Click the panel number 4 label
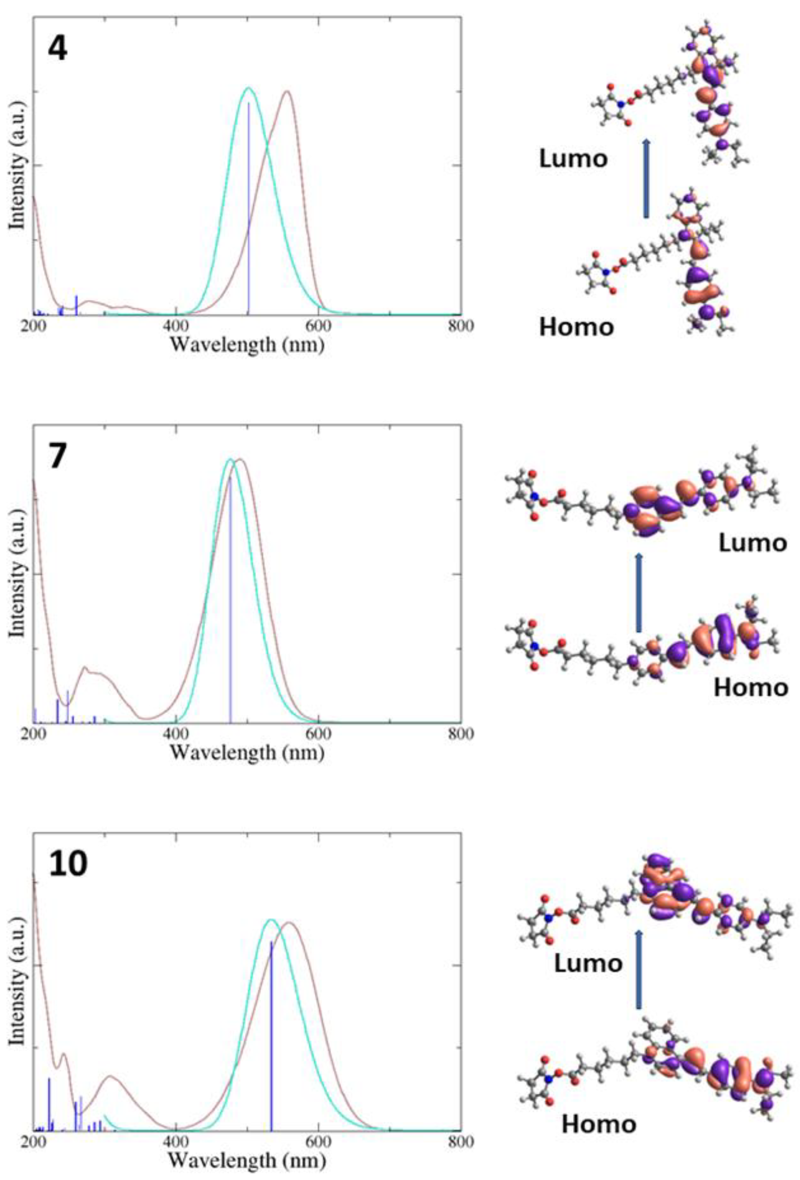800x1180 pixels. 57,50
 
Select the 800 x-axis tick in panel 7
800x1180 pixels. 461,733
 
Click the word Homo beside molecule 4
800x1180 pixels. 576,327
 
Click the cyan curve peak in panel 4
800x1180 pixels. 248,88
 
